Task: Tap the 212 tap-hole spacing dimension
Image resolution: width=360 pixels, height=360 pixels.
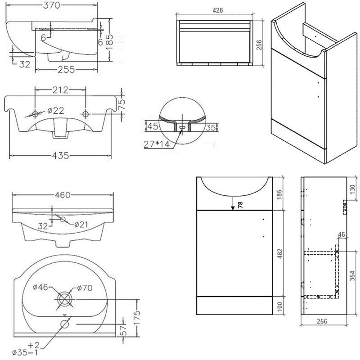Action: click(60, 90)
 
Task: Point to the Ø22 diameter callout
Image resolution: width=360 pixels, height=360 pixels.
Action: click(54, 110)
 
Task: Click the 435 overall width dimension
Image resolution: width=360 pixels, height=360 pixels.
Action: click(60, 156)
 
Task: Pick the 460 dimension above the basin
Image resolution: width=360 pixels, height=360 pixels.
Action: click(63, 195)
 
